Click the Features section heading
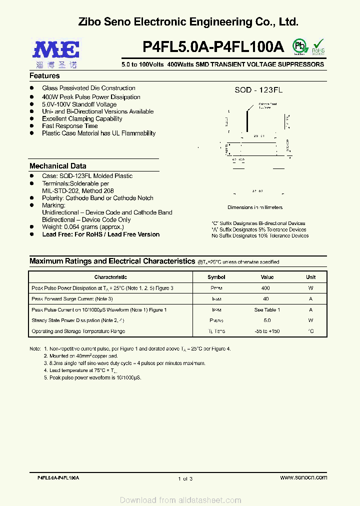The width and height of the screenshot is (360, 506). click(x=44, y=76)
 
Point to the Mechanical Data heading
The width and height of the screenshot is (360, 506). click(x=57, y=166)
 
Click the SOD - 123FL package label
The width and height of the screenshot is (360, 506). click(x=258, y=90)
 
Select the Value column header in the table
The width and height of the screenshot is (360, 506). click(x=267, y=277)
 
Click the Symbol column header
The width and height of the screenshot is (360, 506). click(x=216, y=277)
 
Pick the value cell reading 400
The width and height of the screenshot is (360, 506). click(x=265, y=288)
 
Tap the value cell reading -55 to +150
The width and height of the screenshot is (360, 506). click(x=267, y=331)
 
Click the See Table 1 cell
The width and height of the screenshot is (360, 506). click(x=267, y=310)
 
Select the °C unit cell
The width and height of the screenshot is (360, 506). click(x=310, y=331)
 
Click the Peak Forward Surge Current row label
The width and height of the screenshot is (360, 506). click(x=72, y=299)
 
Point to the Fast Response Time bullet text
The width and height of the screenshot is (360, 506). click(x=70, y=126)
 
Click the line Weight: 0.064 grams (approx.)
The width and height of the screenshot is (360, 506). click(x=82, y=227)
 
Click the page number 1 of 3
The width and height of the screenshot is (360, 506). click(x=185, y=479)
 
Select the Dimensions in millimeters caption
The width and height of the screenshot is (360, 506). click(x=255, y=207)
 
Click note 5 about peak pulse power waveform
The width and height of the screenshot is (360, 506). click(x=92, y=377)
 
